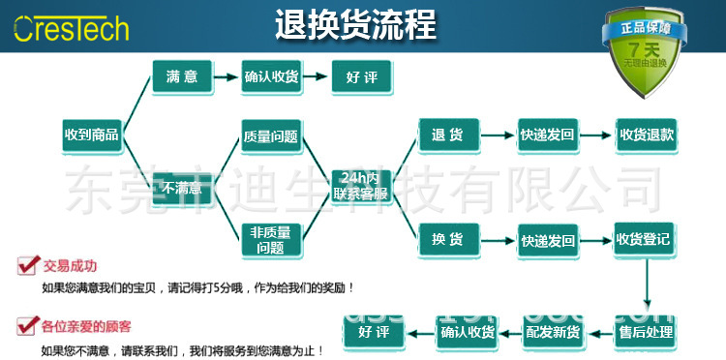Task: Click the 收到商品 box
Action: click(x=91, y=135)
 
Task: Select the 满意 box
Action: click(x=182, y=76)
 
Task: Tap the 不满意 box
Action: click(x=182, y=188)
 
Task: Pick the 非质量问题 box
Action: click(x=270, y=239)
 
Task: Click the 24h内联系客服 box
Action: click(x=360, y=186)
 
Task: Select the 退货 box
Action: click(x=447, y=135)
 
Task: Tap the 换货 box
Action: click(x=447, y=239)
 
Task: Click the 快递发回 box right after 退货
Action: click(x=548, y=135)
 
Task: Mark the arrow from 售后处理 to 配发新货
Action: click(x=599, y=332)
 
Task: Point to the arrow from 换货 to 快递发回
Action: click(x=498, y=239)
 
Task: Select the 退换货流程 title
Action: click(x=355, y=23)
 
